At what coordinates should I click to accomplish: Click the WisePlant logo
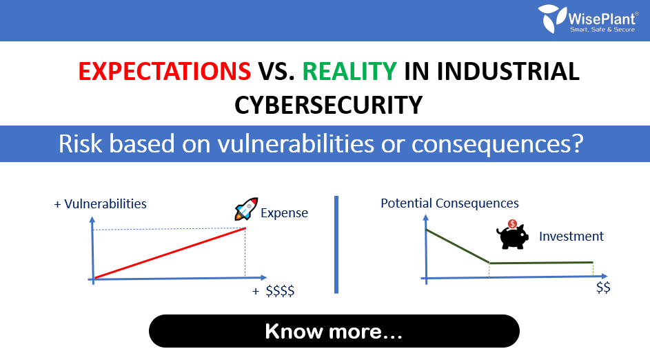pos(588,19)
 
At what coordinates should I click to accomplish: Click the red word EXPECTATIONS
pos(165,71)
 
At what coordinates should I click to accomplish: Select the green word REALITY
pos(349,71)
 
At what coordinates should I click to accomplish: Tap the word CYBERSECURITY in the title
pos(328,105)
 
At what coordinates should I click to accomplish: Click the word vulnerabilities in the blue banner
pos(296,144)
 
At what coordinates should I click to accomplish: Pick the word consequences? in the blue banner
pos(498,144)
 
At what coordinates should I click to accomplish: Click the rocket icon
pos(246,208)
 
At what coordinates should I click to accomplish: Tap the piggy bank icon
pos(512,234)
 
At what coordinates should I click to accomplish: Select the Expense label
pos(285,213)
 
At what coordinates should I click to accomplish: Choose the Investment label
pos(571,236)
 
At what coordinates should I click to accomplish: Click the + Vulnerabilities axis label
pos(101,204)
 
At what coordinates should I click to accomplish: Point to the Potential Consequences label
pos(450,203)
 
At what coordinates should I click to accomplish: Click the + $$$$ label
pos(274,291)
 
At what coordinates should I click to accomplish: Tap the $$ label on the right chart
pos(603,288)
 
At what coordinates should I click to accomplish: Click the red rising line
pos(170,253)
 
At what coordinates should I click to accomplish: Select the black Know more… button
pos(334,331)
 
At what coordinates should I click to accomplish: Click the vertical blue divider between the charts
pos(336,245)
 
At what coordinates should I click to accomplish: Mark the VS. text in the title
pos(277,71)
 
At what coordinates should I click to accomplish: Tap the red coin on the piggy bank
pos(513,224)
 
